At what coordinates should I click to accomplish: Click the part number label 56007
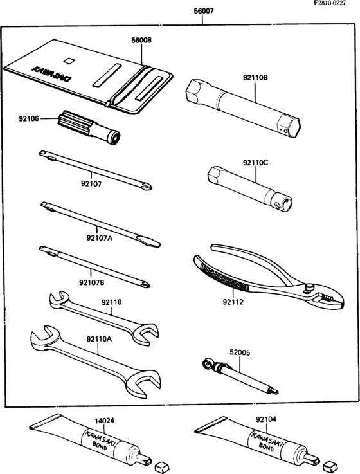tap(203, 11)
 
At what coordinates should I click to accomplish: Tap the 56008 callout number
tap(141, 41)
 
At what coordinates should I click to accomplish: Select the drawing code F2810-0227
tap(330, 3)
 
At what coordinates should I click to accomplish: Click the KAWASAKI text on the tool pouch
tap(52, 74)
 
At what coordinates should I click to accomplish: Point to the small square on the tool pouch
tap(69, 60)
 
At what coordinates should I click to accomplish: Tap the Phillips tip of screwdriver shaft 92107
tap(147, 187)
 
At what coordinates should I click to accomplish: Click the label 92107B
tap(91, 282)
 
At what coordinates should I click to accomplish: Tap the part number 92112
tap(233, 302)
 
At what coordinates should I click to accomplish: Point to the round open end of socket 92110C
tap(286, 203)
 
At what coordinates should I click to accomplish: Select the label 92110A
tap(99, 339)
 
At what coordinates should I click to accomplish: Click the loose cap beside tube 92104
tap(328, 466)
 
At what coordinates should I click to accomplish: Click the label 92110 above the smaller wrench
tap(112, 302)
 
